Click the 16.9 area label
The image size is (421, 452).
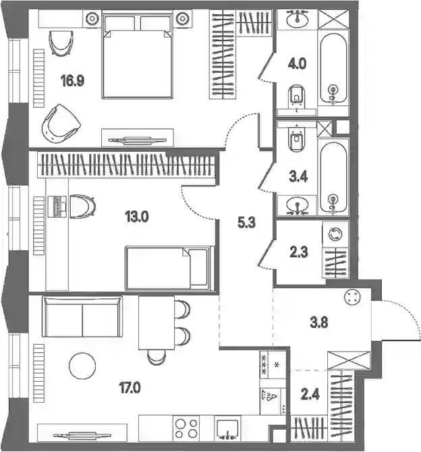coord(72,81)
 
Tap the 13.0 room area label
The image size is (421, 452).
coord(137,217)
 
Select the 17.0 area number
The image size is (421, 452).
coord(130,389)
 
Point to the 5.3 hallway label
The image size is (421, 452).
coord(246,223)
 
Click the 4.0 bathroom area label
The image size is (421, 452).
coord(297,63)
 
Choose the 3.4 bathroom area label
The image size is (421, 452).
coord(298,177)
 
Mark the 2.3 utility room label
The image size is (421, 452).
coord(299,252)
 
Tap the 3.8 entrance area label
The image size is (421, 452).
coord(319,322)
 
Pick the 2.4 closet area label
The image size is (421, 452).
coord(310,394)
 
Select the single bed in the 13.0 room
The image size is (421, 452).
coord(169,268)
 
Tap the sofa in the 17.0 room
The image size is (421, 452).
coord(82,316)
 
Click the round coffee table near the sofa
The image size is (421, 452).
coord(82,366)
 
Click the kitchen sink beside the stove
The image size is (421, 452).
coord(227,428)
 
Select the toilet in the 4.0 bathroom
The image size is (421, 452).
coord(296,97)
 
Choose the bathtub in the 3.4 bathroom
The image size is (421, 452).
coord(333,177)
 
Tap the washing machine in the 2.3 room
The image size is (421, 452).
coord(335,234)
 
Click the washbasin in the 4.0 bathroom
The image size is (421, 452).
coord(298,19)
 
